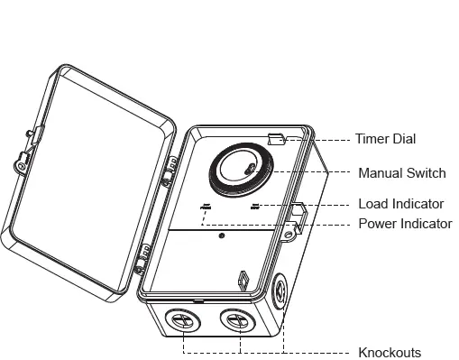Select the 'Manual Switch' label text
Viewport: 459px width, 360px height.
click(400, 172)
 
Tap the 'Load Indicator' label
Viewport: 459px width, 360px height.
click(400, 204)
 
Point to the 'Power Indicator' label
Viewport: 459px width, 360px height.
click(405, 223)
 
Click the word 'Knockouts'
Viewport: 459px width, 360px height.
click(389, 352)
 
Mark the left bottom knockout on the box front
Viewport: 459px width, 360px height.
click(184, 319)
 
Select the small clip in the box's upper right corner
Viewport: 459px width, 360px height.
click(277, 138)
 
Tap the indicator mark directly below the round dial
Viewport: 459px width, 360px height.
click(255, 207)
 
